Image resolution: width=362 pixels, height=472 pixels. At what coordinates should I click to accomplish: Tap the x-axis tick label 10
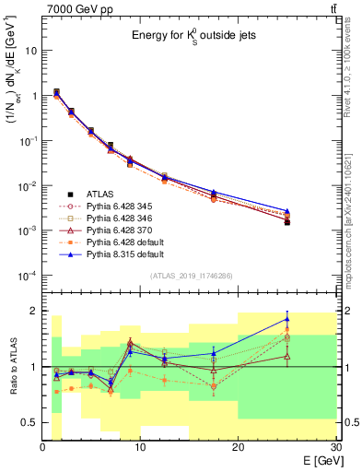[140, 447]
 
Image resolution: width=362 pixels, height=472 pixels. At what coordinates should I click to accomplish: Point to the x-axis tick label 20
[238, 447]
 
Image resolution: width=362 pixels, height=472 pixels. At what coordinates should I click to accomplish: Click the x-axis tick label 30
[334, 447]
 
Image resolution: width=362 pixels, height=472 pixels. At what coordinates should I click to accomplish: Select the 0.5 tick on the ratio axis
[30, 423]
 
